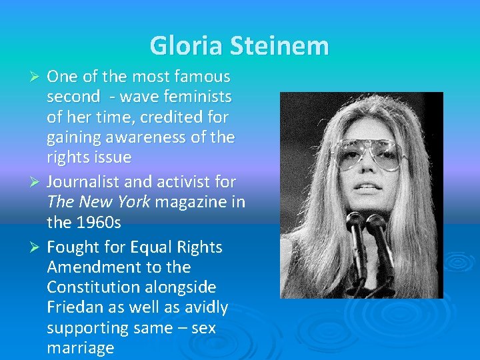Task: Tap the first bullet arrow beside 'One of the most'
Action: click(x=37, y=77)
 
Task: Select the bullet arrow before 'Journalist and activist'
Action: click(x=37, y=181)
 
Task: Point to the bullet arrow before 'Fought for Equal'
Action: click(x=37, y=247)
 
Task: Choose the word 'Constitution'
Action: click(x=93, y=287)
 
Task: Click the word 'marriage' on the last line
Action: click(x=81, y=348)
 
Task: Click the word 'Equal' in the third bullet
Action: click(x=151, y=247)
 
